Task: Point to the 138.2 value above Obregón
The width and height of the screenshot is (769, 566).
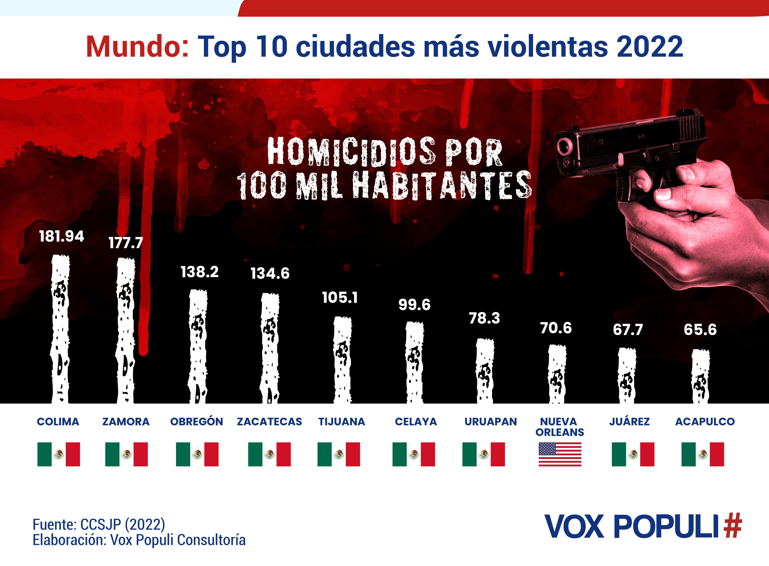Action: click(200, 272)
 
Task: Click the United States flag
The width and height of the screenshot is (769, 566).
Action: click(560, 454)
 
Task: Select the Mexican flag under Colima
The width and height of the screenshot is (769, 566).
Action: click(59, 454)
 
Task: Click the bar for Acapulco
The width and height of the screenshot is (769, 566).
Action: click(700, 376)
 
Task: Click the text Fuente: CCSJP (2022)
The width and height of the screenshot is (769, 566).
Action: click(99, 525)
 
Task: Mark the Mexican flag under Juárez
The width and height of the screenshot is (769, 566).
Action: click(633, 454)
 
